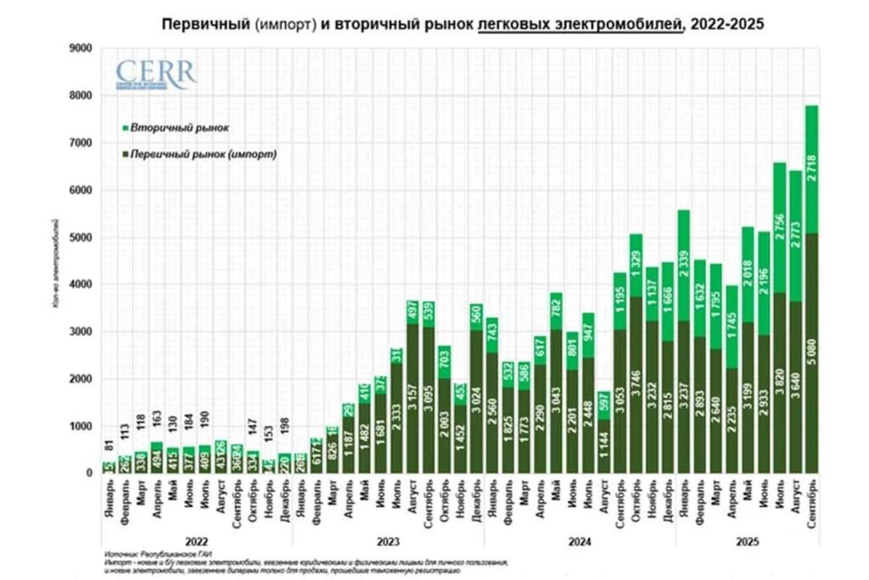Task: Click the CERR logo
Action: (154, 76)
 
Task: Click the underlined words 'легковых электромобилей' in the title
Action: (580, 25)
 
